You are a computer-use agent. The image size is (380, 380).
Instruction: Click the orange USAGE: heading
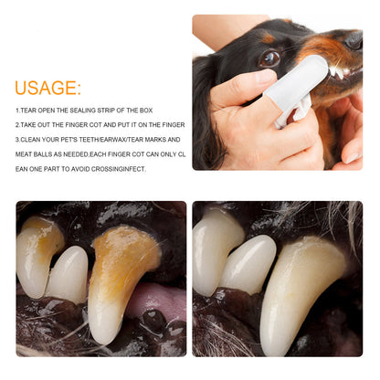click(47, 88)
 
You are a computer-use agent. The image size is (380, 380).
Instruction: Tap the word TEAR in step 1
click(31, 111)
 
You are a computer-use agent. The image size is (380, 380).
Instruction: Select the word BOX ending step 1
click(145, 111)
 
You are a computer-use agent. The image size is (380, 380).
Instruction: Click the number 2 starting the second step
click(17, 125)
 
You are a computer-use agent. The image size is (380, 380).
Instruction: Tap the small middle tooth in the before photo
click(69, 274)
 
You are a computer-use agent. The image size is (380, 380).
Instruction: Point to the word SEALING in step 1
click(82, 111)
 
